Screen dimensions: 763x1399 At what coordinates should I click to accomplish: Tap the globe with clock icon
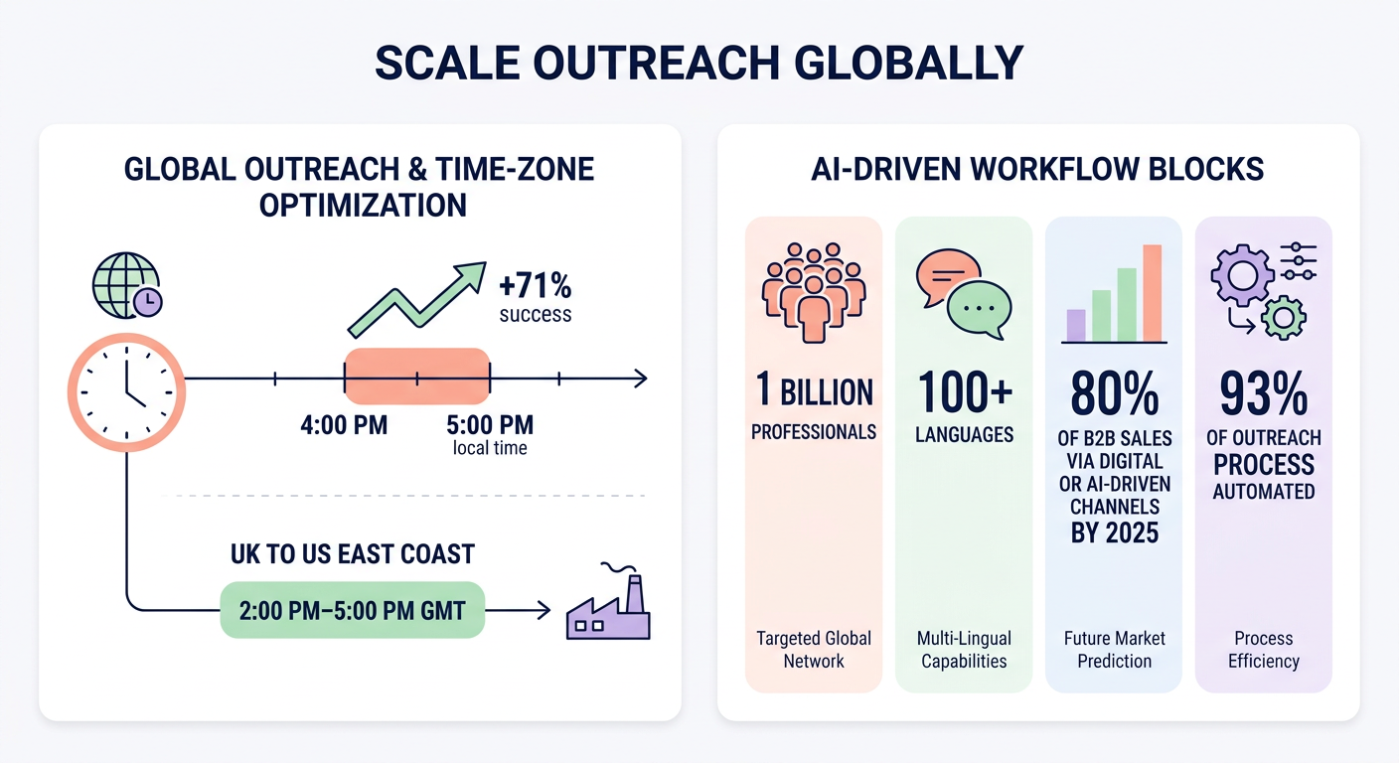pyautogui.click(x=126, y=285)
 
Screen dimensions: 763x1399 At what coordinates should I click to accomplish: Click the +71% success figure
pyautogui.click(x=536, y=297)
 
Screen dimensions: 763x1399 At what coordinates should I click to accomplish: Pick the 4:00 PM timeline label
pyautogui.click(x=344, y=426)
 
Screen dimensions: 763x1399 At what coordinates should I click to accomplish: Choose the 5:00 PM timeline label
pyautogui.click(x=490, y=426)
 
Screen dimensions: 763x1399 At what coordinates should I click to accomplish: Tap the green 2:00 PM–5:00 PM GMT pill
pyautogui.click(x=352, y=609)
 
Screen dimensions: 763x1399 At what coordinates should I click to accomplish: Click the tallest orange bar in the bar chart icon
pyautogui.click(x=1153, y=293)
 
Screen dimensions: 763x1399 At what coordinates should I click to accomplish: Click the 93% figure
pyautogui.click(x=1263, y=395)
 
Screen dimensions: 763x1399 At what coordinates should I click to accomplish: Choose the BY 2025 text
pyautogui.click(x=1114, y=534)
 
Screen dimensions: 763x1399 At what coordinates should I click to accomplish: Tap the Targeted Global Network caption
pyautogui.click(x=814, y=650)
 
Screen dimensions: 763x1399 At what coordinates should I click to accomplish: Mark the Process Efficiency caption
pyautogui.click(x=1263, y=650)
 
